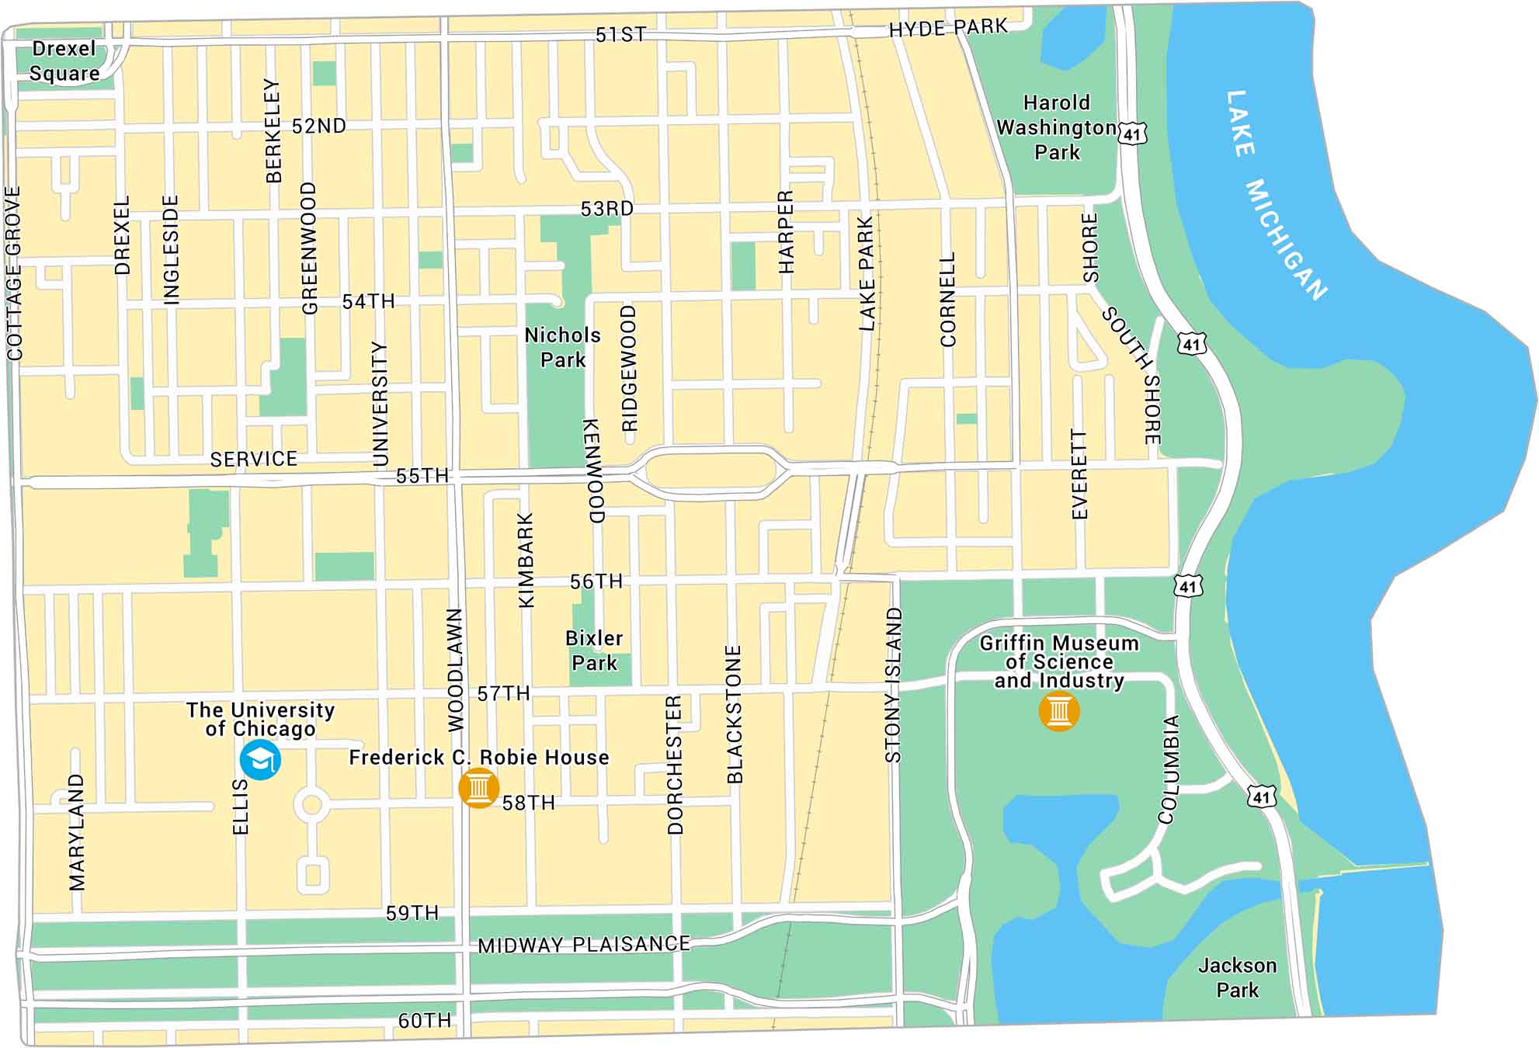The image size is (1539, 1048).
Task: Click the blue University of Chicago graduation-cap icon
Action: pos(260,760)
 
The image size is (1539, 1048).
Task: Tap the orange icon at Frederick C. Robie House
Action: pos(478,788)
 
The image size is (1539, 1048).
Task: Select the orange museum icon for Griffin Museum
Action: pos(1058,710)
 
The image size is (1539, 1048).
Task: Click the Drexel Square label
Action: pos(64,61)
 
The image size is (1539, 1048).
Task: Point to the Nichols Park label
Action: pos(563,347)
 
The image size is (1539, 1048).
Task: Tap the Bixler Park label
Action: pos(594,651)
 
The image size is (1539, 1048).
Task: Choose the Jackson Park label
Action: pos(1237,977)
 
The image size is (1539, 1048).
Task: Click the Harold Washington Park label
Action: pos(1057,127)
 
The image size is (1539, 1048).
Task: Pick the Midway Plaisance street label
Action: pos(584,945)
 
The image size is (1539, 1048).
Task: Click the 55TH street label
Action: pos(422,476)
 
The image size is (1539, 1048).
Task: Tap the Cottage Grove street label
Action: pos(14,273)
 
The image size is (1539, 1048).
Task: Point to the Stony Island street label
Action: pos(894,685)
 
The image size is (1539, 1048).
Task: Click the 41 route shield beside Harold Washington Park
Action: pos(1132,134)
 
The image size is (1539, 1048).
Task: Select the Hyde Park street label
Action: pos(948,29)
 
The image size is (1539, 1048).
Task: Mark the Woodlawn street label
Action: pos(456,669)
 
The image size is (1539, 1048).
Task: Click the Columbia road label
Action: pos(1169,769)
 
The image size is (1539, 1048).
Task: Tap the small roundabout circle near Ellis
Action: pos(311,806)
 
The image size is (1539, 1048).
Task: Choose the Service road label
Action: pos(254,459)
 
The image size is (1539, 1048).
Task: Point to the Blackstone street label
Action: pos(735,713)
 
